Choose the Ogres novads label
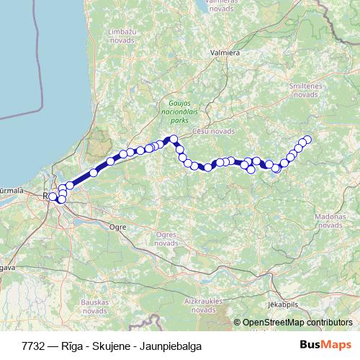point(166,238)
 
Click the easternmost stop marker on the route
point(307,140)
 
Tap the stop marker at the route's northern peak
point(173,139)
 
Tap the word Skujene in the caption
point(114,346)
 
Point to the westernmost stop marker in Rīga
point(53,196)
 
